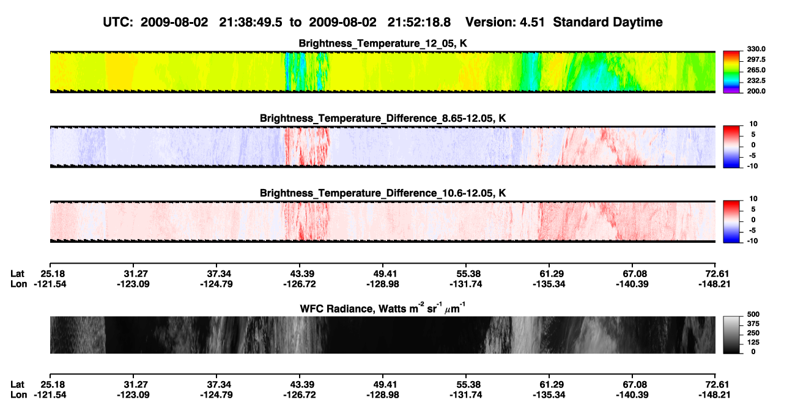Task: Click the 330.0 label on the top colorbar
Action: (x=756, y=49)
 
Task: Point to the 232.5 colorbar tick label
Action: (x=756, y=81)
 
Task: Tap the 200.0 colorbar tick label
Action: (x=756, y=91)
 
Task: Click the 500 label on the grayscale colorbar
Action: (x=753, y=314)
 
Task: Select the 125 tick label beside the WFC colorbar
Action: (x=753, y=343)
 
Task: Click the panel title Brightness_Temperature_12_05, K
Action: (x=383, y=43)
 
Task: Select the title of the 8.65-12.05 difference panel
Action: (x=383, y=118)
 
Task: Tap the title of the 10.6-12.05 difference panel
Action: (x=383, y=193)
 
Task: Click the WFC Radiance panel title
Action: (x=383, y=308)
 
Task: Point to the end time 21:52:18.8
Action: (x=419, y=22)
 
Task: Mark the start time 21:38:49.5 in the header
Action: (x=250, y=22)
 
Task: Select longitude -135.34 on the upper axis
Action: (x=549, y=284)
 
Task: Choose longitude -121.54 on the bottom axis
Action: (x=50, y=395)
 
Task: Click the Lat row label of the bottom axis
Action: (x=17, y=385)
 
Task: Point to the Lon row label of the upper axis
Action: (x=18, y=284)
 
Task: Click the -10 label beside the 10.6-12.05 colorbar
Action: (x=752, y=241)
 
